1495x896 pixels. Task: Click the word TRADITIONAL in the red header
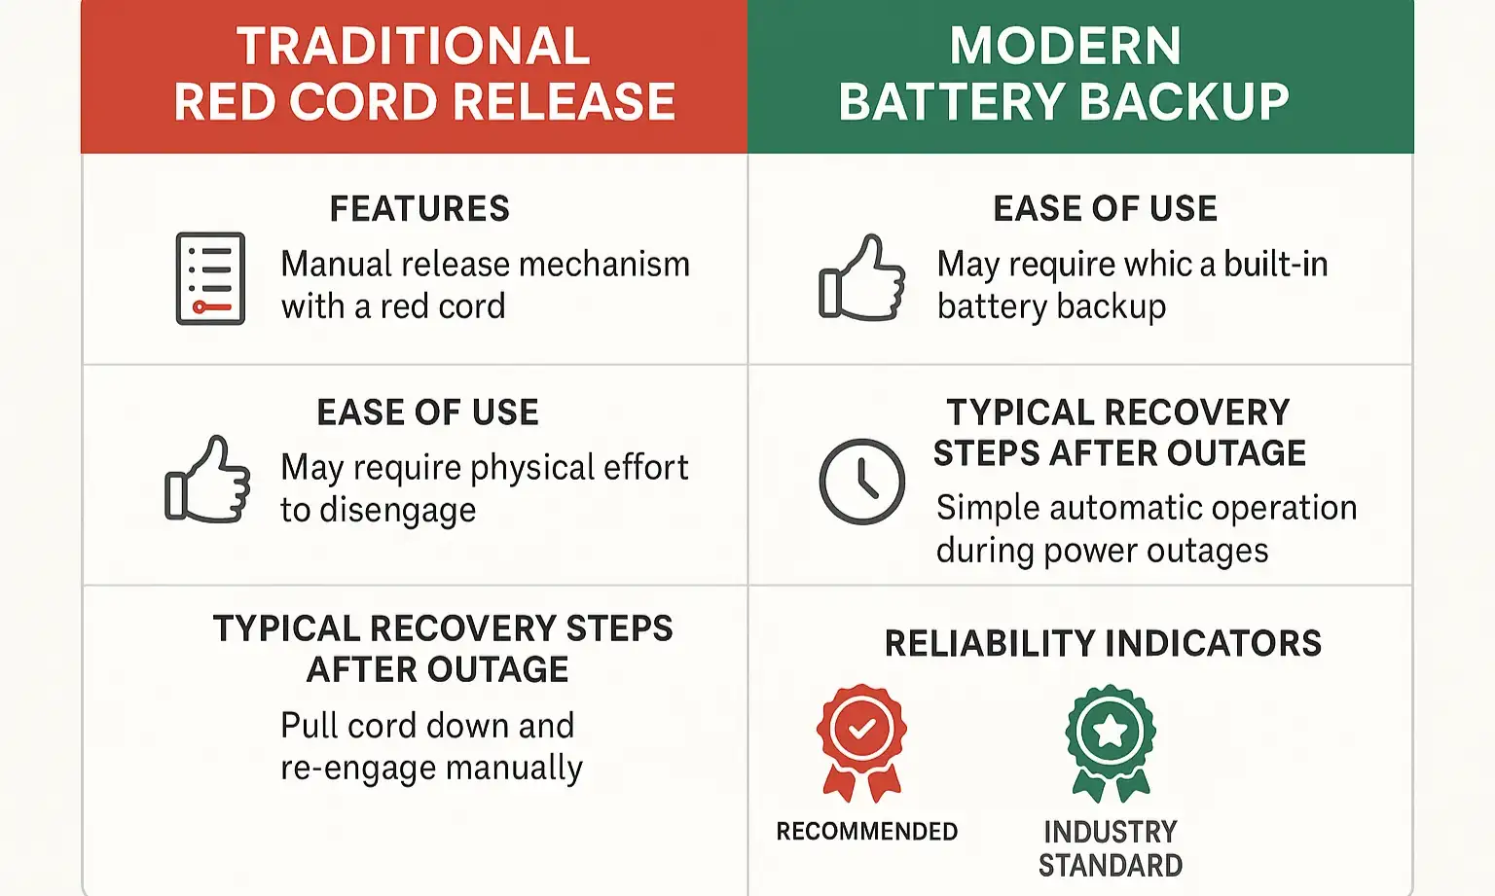coord(413,46)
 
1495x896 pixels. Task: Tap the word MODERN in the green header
coord(1065,46)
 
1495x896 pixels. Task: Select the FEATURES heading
coord(419,208)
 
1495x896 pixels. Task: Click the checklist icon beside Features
coord(210,278)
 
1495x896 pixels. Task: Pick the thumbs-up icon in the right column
coord(862,278)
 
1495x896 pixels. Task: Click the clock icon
coord(862,482)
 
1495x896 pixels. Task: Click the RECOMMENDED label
coord(866,832)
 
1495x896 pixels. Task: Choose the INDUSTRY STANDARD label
coord(1111,848)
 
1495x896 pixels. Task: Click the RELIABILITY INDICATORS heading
coord(1103,643)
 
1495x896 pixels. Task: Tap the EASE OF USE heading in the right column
coord(1105,208)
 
